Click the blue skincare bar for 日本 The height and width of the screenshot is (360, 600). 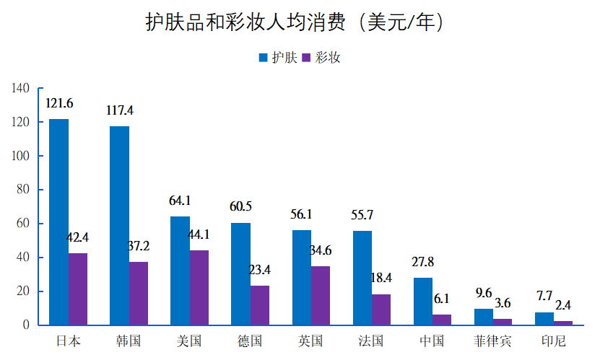click(x=58, y=221)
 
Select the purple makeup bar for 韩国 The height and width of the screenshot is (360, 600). click(x=139, y=293)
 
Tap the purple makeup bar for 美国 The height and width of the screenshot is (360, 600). click(x=199, y=287)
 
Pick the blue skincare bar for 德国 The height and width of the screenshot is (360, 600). click(x=240, y=273)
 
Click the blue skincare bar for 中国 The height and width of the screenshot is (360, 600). click(x=423, y=301)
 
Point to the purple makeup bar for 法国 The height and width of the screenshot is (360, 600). click(x=381, y=309)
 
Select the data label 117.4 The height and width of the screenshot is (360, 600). click(x=119, y=110)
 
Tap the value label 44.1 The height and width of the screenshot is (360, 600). click(x=199, y=234)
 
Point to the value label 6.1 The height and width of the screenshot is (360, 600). click(x=442, y=299)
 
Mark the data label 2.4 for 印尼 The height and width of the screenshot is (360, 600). click(x=563, y=305)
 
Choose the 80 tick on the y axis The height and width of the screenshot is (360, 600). click(x=22, y=190)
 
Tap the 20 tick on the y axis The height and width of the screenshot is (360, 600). click(x=22, y=291)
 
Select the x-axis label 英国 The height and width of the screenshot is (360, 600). click(x=310, y=341)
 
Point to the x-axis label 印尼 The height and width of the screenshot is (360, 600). click(x=553, y=341)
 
